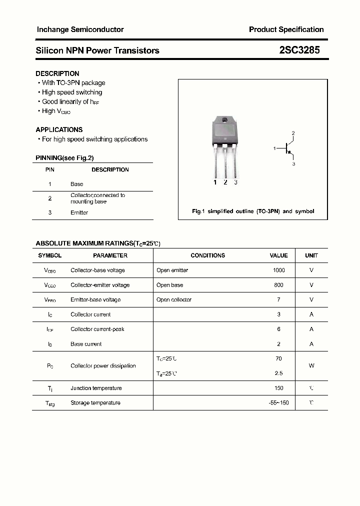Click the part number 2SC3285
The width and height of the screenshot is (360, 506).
299,50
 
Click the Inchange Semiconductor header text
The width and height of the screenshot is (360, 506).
80,29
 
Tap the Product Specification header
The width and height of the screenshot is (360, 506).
286,29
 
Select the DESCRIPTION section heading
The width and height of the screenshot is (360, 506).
57,73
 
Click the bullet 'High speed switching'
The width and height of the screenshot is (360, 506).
72,92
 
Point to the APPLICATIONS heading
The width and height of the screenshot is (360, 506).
59,129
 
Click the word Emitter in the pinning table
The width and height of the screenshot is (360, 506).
79,212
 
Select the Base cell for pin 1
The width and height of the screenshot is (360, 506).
76,184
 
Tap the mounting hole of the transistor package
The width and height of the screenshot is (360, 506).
225,120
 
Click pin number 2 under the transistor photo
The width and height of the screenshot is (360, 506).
225,182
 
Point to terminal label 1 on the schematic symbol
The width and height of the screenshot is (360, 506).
274,148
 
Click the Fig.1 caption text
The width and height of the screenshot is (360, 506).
253,211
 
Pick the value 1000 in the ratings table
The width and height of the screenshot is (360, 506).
278,270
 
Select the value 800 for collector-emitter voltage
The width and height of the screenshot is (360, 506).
278,285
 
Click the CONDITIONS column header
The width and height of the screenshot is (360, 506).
208,255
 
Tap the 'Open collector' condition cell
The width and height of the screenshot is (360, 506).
174,300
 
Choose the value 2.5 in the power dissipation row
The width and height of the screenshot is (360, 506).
278,373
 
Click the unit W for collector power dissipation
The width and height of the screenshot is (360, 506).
311,365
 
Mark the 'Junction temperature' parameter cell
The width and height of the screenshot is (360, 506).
96,388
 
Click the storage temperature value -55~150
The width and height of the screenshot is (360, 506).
278,403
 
